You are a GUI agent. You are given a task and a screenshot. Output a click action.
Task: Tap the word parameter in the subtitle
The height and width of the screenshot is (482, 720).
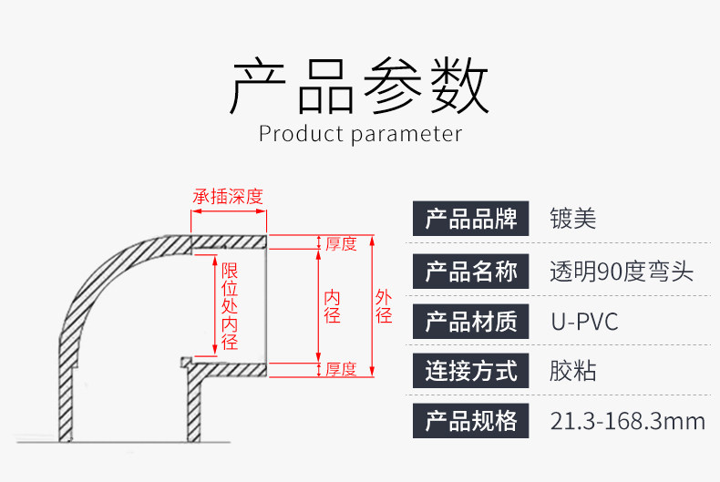(x=406, y=135)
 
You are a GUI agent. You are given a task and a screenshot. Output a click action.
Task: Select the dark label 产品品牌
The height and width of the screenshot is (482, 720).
(x=471, y=219)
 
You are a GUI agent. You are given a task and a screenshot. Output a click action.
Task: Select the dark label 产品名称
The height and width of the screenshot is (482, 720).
(x=471, y=271)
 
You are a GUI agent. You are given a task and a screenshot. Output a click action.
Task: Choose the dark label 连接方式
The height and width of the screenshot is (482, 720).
(x=471, y=371)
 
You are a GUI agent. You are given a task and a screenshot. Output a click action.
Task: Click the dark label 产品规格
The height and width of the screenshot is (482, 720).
(x=471, y=420)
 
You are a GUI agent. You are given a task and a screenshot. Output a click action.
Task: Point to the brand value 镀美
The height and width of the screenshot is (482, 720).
(x=572, y=219)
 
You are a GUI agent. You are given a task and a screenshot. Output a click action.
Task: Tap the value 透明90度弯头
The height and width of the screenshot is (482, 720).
(x=622, y=271)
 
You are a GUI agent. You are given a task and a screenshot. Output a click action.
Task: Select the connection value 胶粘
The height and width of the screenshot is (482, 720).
(x=572, y=371)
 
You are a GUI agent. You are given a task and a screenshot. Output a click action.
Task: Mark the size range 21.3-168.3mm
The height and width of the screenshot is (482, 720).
(x=628, y=421)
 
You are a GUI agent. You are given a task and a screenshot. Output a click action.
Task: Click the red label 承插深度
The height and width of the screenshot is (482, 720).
(x=228, y=196)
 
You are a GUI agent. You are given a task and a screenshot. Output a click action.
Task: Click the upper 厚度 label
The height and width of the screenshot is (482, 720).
(x=341, y=243)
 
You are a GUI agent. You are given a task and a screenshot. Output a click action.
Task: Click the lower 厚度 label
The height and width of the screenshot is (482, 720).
(x=341, y=369)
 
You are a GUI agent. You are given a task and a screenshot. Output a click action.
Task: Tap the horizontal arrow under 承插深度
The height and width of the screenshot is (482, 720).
(x=228, y=211)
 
